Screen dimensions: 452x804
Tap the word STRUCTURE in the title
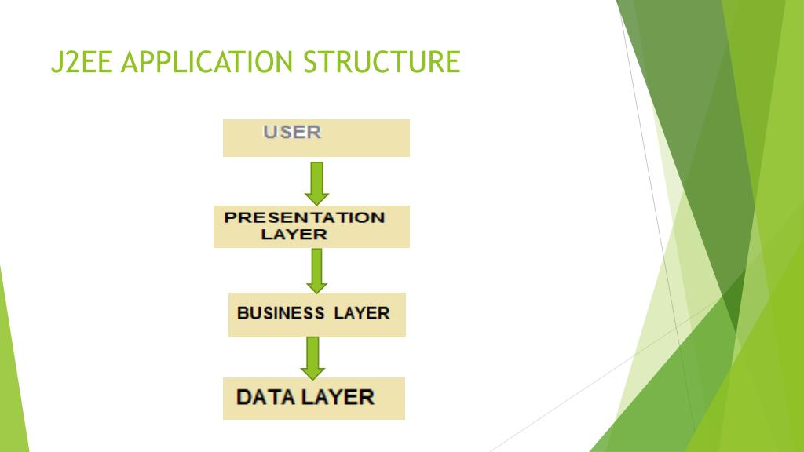382,62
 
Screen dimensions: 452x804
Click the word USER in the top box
292,132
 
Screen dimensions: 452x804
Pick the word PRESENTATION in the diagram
305,217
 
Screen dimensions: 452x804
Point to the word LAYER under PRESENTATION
294,235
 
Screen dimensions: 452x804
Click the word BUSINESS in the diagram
280,313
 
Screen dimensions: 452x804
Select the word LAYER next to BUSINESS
361,313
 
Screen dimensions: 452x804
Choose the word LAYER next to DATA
338,396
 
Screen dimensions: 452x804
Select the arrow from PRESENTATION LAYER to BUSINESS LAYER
316,269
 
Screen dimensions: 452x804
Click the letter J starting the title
55,62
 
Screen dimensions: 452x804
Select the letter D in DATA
244,396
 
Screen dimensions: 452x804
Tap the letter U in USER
269,132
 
